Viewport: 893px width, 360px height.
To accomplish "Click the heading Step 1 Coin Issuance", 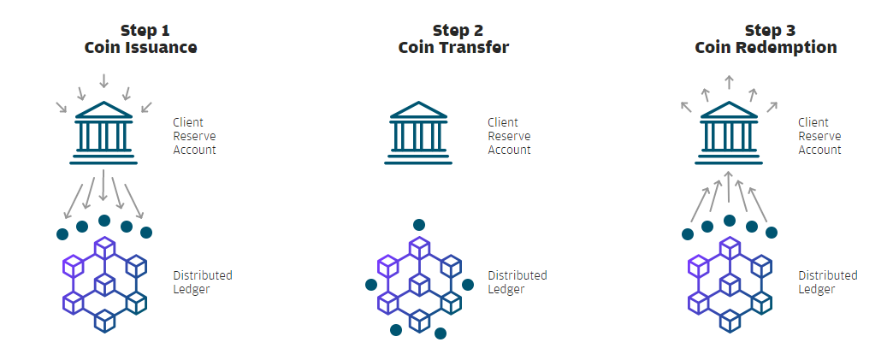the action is (140, 38).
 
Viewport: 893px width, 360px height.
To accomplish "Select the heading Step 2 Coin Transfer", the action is (453, 38).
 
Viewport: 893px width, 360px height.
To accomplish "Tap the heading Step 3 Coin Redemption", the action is (766, 38).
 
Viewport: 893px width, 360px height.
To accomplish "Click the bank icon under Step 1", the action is (103, 133).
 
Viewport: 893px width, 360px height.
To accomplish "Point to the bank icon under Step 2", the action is (418, 133).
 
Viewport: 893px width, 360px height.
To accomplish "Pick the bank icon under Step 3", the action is (729, 133).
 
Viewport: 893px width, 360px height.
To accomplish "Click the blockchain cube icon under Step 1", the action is (105, 284).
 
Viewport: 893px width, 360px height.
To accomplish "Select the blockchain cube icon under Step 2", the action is (419, 284).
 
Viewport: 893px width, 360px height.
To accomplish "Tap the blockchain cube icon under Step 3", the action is (730, 284).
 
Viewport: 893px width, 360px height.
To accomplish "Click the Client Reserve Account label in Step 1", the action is (195, 136).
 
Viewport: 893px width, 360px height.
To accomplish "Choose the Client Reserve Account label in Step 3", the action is (819, 136).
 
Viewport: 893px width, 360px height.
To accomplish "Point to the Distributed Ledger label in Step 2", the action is (517, 282).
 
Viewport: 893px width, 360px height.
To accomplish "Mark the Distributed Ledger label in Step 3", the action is (827, 282).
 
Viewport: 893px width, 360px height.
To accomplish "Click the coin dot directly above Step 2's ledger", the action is (419, 224).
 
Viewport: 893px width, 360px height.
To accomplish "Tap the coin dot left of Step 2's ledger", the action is (370, 284).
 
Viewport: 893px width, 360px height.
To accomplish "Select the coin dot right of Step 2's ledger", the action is (468, 284).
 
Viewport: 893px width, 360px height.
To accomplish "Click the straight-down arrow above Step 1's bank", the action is (103, 80).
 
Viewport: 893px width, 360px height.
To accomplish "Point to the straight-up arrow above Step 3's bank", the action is (729, 81).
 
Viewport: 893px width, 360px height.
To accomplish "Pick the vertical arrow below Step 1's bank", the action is (103, 185).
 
